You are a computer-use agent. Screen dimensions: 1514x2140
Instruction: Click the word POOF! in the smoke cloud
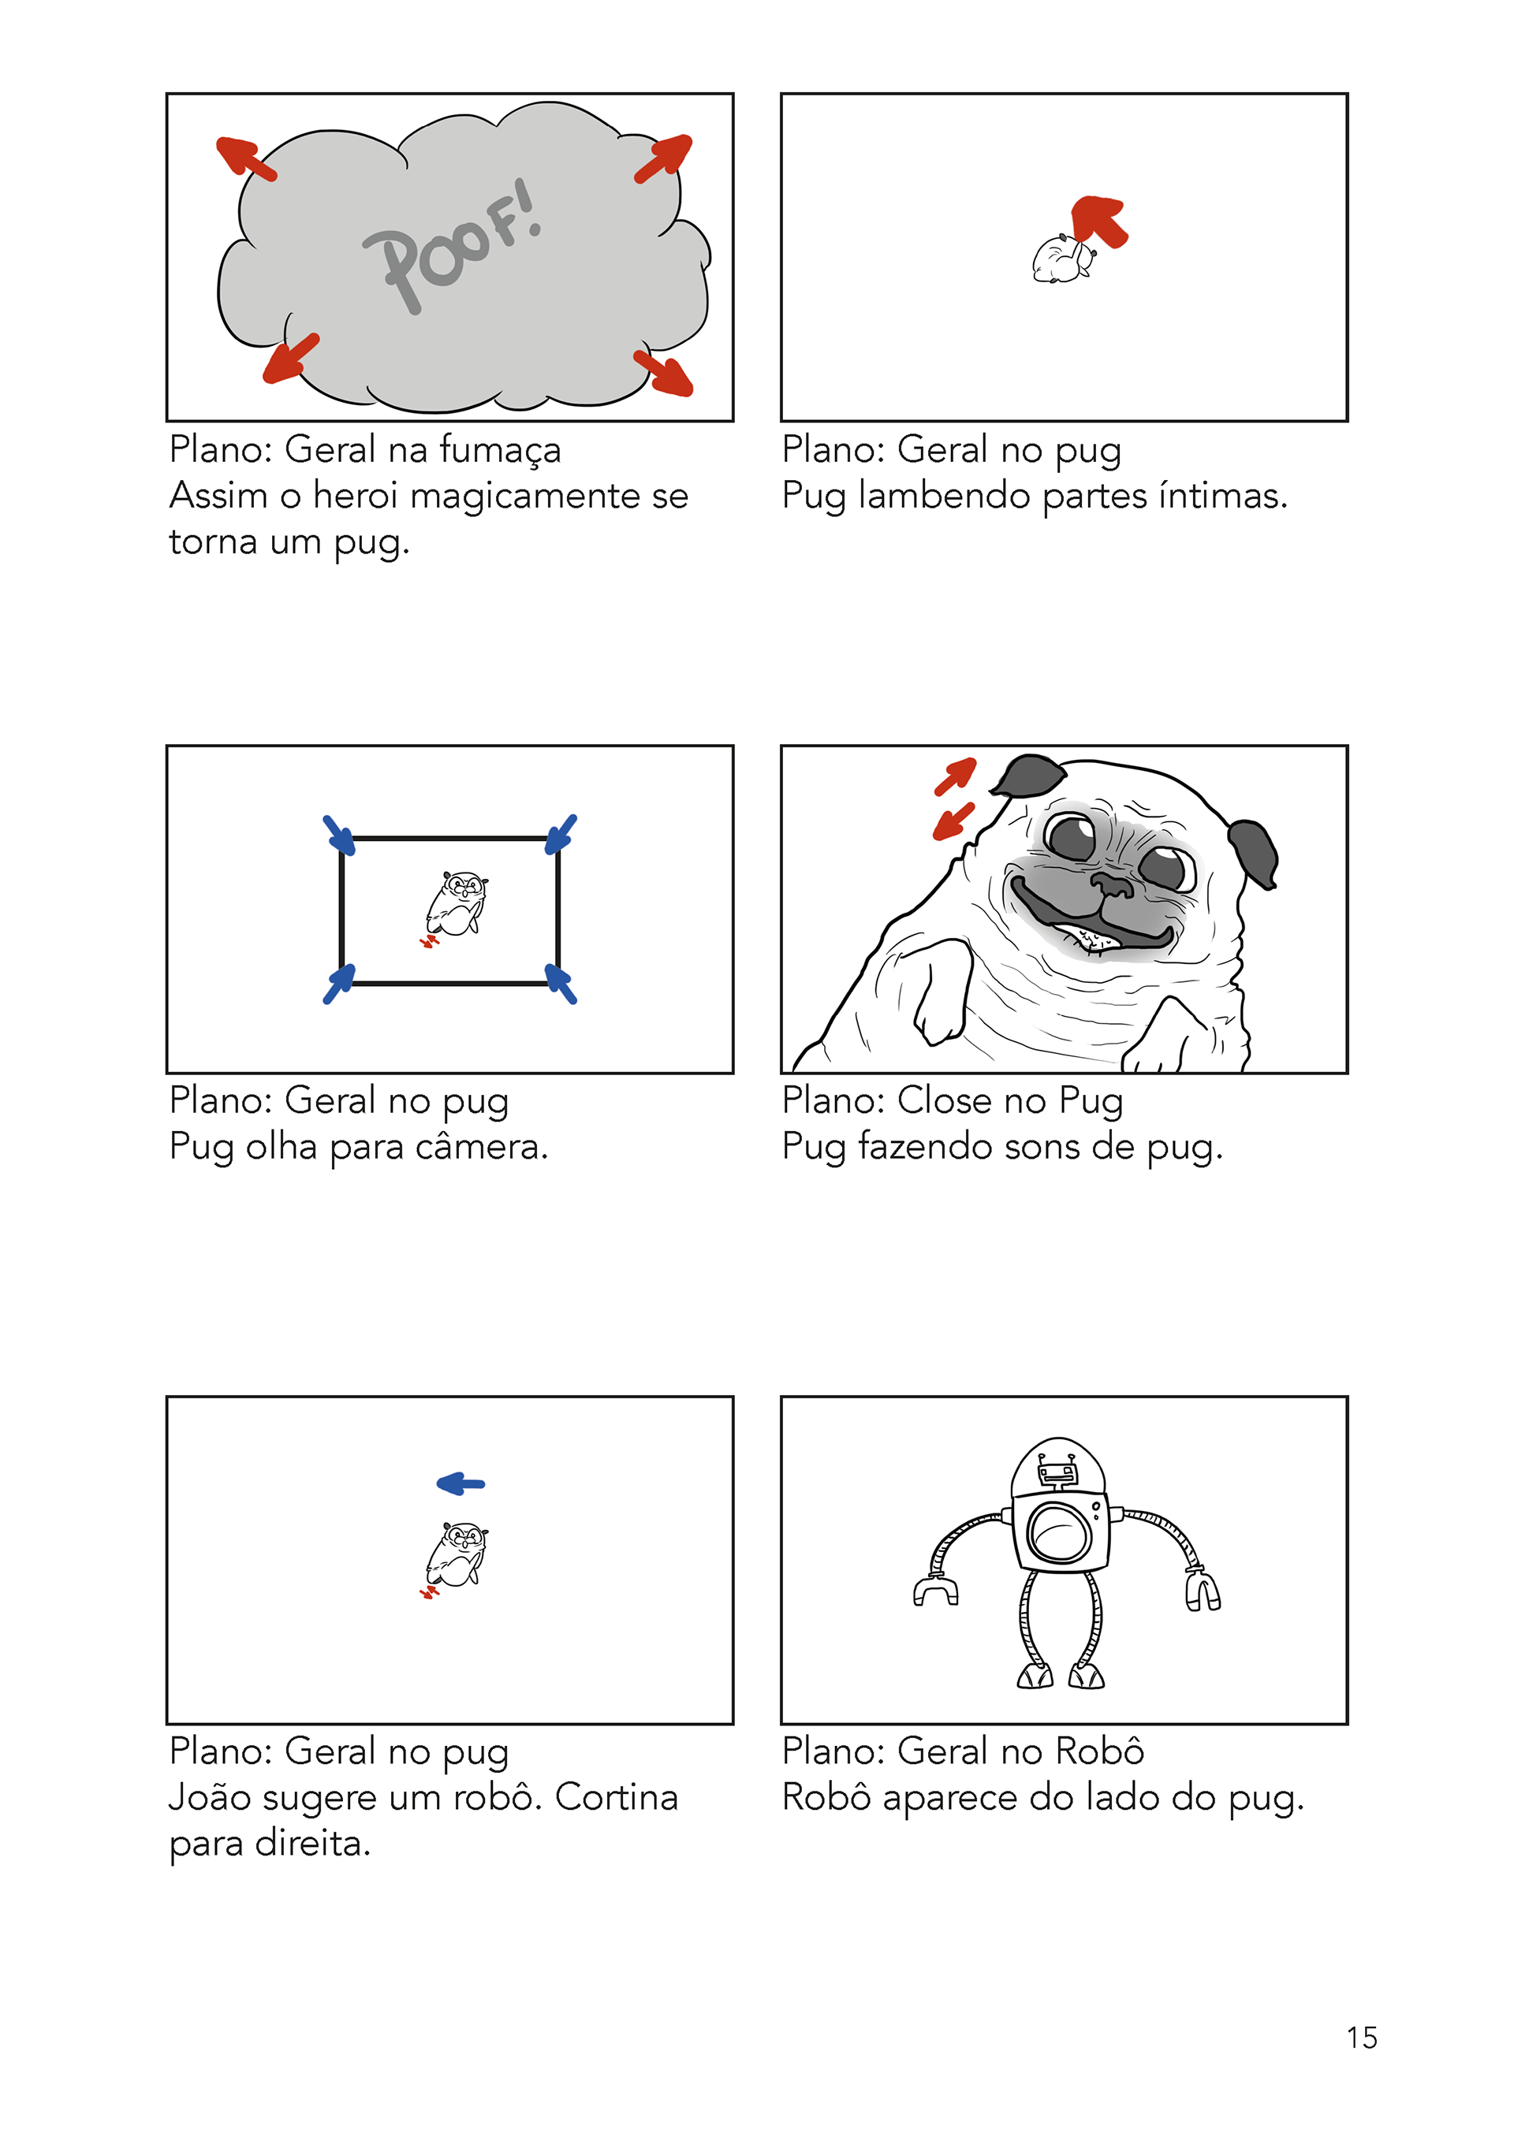click(452, 245)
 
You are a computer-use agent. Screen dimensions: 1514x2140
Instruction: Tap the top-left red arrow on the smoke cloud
click(246, 158)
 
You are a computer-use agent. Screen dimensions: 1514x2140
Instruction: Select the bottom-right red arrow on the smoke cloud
click(663, 374)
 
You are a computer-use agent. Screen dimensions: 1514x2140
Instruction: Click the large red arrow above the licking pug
click(1099, 221)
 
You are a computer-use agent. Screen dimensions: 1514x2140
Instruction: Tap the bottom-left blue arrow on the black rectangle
click(339, 984)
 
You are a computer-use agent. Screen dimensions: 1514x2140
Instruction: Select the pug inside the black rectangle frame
click(456, 904)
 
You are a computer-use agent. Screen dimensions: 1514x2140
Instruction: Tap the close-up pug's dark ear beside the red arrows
click(1027, 776)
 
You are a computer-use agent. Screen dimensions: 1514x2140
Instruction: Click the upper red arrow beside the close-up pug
click(957, 776)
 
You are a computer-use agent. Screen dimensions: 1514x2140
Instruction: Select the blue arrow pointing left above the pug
click(461, 1483)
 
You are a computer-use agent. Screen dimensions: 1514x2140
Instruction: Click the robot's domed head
click(1058, 1467)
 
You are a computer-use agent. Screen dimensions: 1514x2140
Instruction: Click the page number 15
click(1362, 2038)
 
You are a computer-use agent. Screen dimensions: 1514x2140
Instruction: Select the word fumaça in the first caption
click(501, 451)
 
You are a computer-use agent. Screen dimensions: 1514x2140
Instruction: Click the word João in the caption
click(211, 1797)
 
